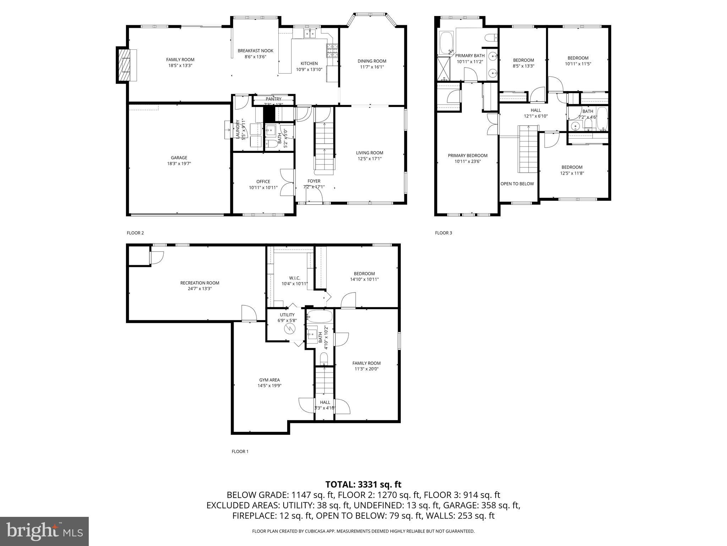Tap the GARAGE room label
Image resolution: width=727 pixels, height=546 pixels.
pyautogui.click(x=179, y=158)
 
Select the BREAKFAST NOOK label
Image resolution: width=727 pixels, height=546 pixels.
pyautogui.click(x=255, y=51)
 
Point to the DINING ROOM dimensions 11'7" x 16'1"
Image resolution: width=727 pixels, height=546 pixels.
pyautogui.click(x=372, y=67)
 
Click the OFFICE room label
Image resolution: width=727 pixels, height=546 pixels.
pyautogui.click(x=263, y=182)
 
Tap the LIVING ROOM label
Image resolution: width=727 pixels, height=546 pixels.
pyautogui.click(x=370, y=153)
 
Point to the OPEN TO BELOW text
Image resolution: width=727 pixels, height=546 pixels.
pyautogui.click(x=517, y=184)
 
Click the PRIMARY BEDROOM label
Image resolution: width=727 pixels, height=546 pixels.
pyautogui.click(x=468, y=156)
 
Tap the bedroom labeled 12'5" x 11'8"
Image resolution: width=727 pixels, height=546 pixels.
pyautogui.click(x=572, y=170)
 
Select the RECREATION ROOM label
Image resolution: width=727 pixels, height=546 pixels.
pyautogui.click(x=199, y=283)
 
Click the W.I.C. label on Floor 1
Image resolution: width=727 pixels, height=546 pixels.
pyautogui.click(x=295, y=278)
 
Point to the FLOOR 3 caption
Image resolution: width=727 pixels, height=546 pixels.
pyautogui.click(x=443, y=233)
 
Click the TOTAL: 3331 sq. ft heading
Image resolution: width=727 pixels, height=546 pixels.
pyautogui.click(x=363, y=484)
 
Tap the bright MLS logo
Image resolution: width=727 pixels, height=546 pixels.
pyautogui.click(x=44, y=531)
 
